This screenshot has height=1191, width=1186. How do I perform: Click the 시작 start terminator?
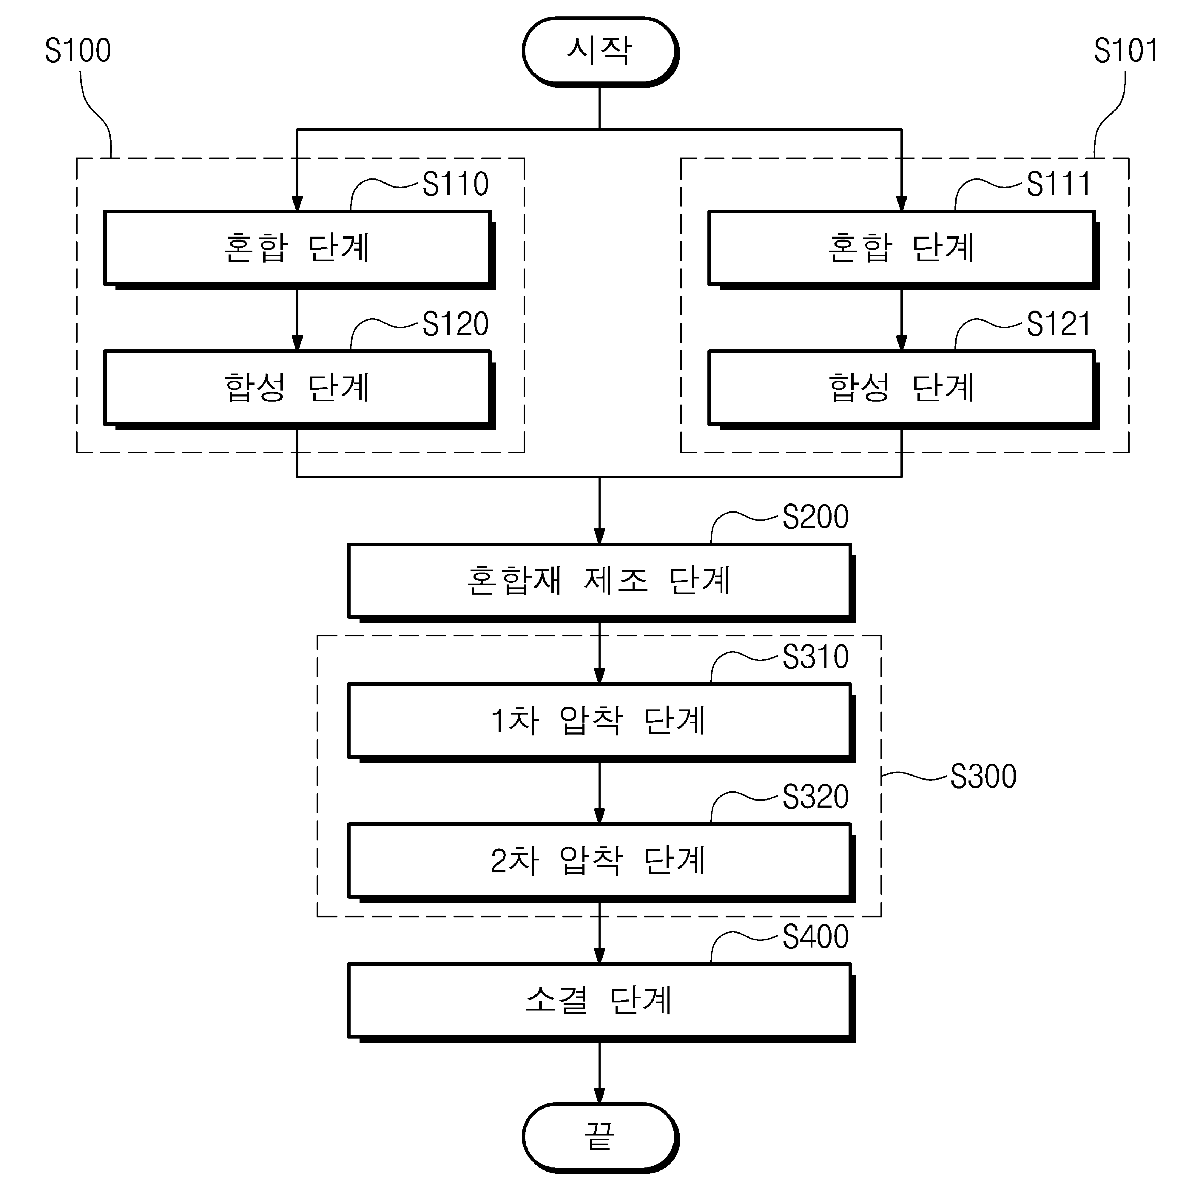(x=600, y=52)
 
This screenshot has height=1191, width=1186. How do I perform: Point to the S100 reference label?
(x=78, y=50)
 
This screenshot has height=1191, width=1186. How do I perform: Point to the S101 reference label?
(x=1126, y=50)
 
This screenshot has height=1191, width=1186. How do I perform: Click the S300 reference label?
(x=983, y=777)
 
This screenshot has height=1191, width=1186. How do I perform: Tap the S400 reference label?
(x=815, y=937)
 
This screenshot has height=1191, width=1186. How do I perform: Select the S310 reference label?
(x=815, y=657)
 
